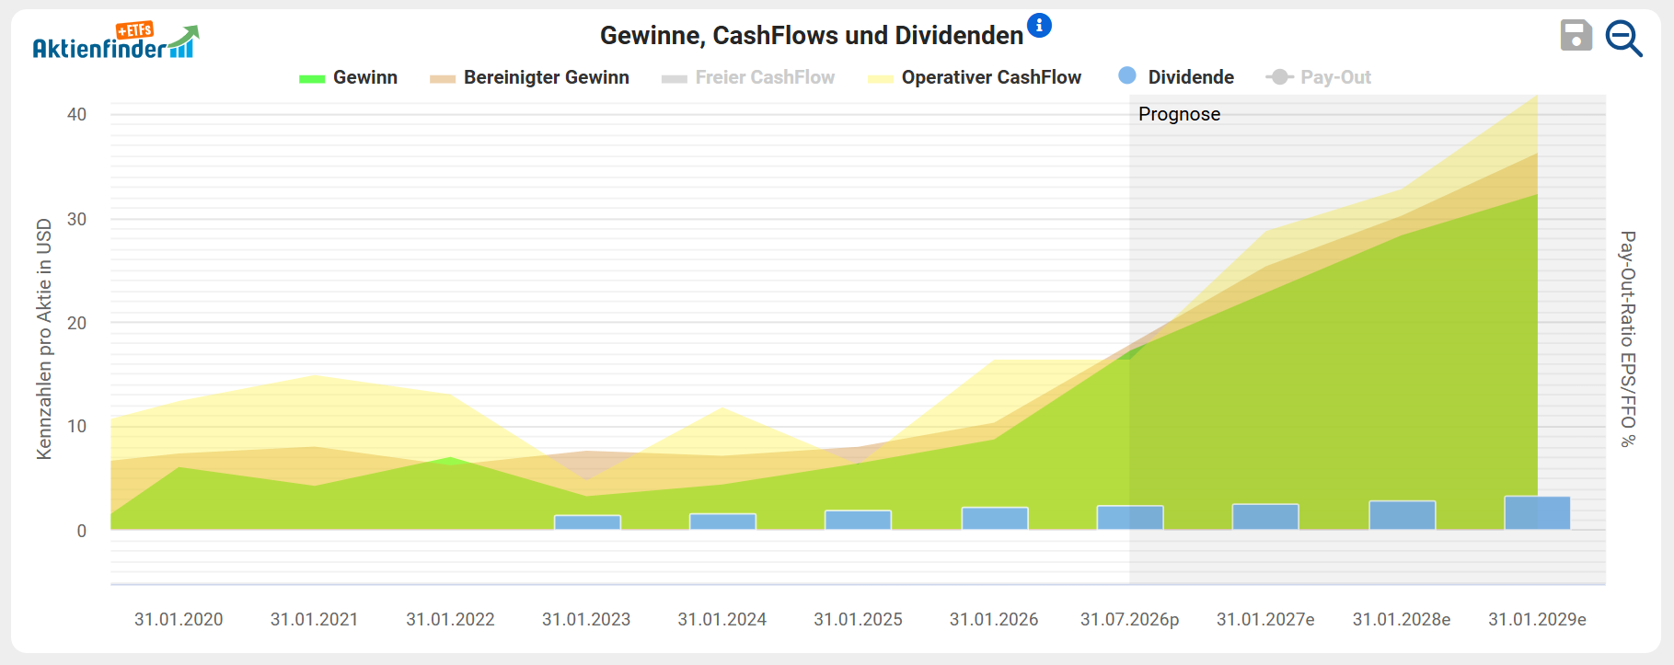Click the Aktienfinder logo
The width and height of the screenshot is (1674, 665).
coord(116,42)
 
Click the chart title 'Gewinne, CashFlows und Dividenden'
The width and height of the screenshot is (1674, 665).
coord(812,36)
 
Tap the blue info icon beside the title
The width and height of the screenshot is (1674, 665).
coord(1039,26)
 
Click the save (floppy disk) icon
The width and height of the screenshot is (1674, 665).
coord(1576,36)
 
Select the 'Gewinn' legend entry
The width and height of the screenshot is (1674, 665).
coord(349,78)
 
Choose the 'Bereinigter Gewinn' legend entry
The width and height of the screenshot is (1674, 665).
coord(529,78)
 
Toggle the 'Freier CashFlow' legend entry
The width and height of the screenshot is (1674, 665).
coord(748,78)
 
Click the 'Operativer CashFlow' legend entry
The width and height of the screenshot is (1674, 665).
coord(975,78)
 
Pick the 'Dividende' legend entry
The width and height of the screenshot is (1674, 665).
coord(1176,77)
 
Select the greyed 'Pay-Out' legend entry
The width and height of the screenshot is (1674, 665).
coord(1319,78)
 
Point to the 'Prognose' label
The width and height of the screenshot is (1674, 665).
coord(1179,114)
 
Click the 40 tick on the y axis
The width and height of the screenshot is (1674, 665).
coord(76,115)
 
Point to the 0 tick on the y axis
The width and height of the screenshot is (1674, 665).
coord(82,531)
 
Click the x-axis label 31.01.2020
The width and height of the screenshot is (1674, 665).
coord(179,620)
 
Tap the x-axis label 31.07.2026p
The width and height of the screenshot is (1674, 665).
coord(1129,620)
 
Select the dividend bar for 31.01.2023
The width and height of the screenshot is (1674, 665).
coord(587,522)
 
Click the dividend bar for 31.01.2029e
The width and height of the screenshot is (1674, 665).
coord(1537,513)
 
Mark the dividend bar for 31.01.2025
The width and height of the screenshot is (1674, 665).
coord(858,520)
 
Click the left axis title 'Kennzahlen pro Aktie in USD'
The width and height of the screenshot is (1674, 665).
coord(44,338)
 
